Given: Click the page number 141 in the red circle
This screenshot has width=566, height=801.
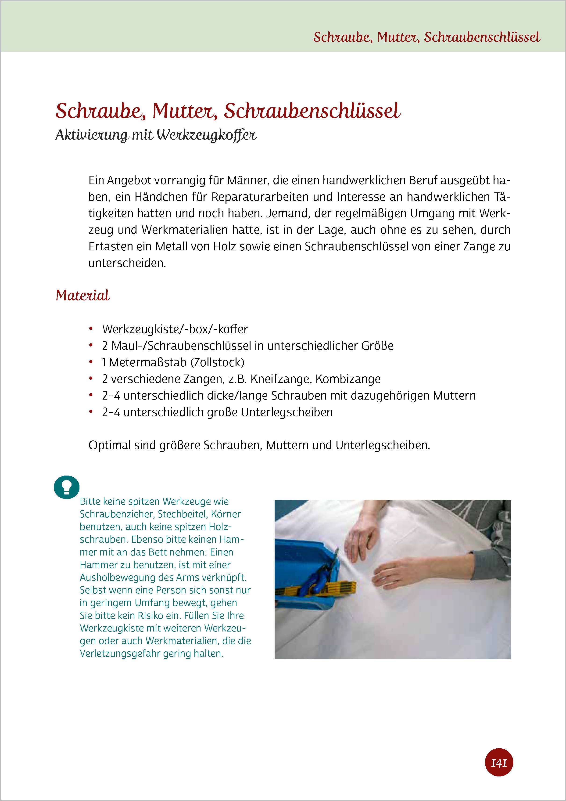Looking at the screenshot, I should coord(499,763).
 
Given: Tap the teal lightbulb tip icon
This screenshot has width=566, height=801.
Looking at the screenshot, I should coord(67,487).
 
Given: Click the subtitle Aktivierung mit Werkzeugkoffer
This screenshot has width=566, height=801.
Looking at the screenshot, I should coord(156,135).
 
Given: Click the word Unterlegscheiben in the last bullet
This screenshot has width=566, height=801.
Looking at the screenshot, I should coord(287,412).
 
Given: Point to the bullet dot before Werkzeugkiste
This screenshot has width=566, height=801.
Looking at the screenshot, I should coord(91,329).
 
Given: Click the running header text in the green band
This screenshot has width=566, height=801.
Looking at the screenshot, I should coord(426,37).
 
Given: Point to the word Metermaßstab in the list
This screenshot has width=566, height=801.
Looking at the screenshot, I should coord(147,362).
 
